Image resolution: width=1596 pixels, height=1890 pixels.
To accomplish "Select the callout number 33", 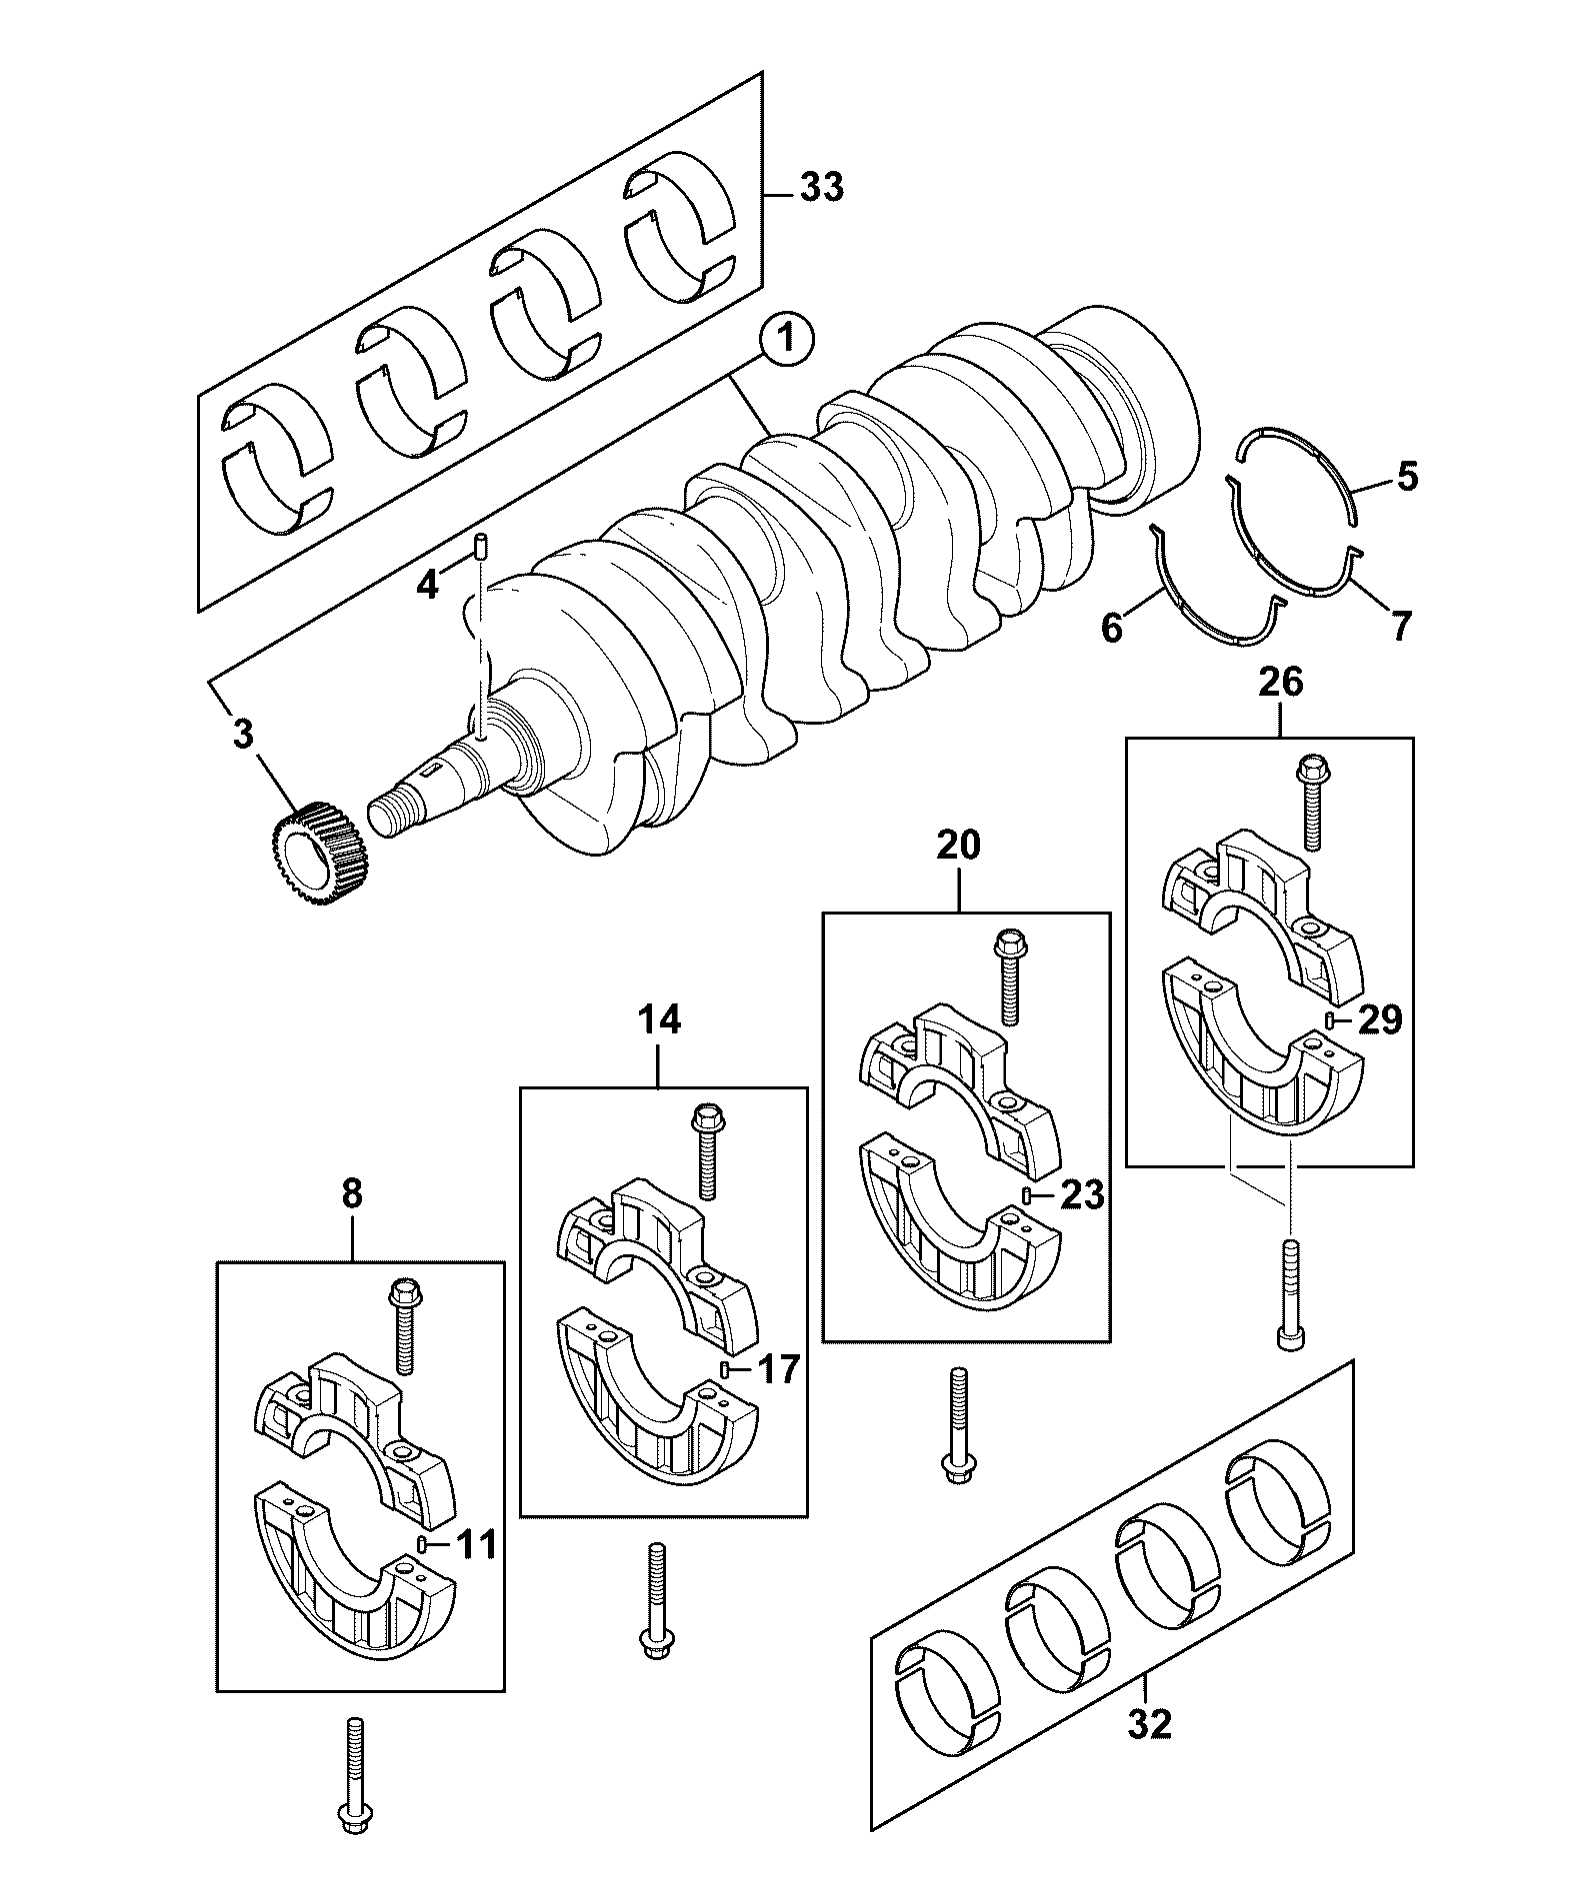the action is [x=822, y=188].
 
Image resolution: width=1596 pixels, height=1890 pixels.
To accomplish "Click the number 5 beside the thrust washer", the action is [x=1407, y=478].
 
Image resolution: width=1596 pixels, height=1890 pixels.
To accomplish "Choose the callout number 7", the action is [x=1401, y=627].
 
